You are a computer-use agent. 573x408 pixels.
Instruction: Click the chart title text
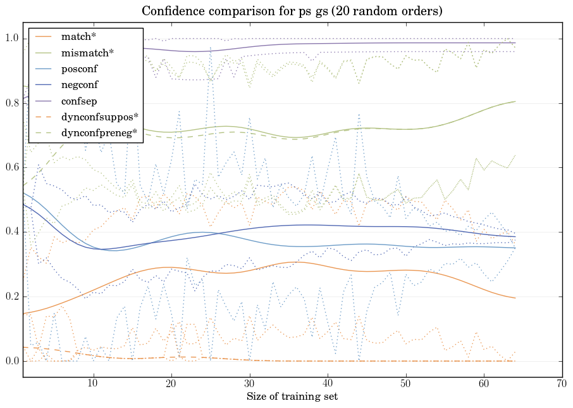pos(292,11)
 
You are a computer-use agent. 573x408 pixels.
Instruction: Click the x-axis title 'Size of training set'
pos(292,397)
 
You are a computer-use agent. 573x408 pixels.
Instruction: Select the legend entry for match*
pos(74,36)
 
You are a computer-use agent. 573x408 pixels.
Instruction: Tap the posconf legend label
pos(80,68)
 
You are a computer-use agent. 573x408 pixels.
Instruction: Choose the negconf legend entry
pos(80,84)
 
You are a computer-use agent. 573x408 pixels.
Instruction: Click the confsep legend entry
pos(78,100)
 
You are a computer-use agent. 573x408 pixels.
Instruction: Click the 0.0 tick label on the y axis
pos(11,362)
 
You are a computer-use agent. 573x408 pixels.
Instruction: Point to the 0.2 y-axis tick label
pos(11,297)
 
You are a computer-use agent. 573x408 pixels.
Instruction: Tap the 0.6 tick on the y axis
pos(11,168)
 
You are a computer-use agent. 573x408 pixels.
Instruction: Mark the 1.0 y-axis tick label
pos(11,39)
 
